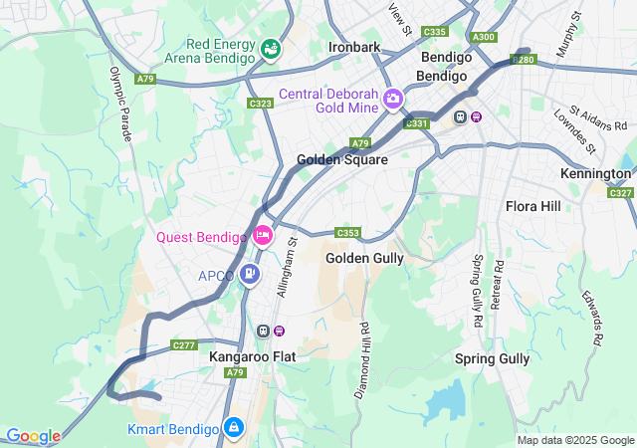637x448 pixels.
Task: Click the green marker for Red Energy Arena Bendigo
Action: point(270,48)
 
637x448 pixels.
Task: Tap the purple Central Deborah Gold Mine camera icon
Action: point(393,98)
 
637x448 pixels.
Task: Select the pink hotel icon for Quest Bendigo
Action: point(263,236)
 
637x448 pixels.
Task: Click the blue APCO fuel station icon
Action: point(251,275)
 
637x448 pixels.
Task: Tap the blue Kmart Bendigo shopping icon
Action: point(233,428)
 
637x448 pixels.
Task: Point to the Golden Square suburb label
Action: point(342,159)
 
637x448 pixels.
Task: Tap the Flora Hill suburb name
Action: point(533,206)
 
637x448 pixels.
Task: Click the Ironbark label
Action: point(355,47)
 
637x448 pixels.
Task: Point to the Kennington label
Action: point(596,173)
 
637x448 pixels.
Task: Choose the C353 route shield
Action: point(347,233)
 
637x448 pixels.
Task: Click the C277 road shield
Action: point(184,345)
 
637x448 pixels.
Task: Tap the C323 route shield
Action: point(261,104)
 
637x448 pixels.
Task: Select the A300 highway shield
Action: point(485,37)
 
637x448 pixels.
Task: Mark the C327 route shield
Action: point(620,193)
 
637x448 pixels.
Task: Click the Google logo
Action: point(33,436)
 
